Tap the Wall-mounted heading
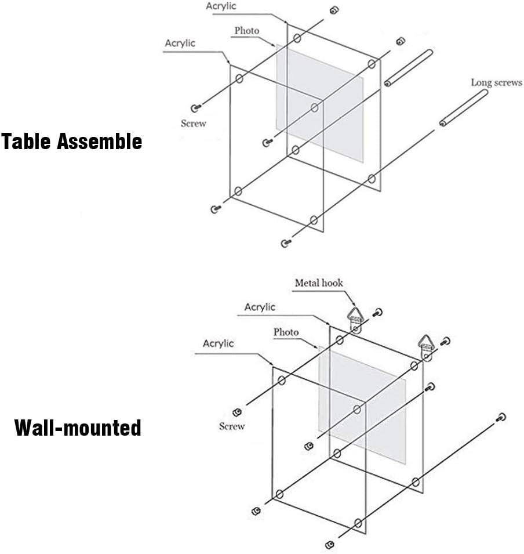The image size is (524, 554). click(78, 428)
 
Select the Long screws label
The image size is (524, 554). click(496, 82)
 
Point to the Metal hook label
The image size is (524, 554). click(319, 283)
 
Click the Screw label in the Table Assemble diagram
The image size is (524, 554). click(193, 123)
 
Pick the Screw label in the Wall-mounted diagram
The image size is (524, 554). click(231, 426)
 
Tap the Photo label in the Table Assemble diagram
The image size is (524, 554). click(246, 30)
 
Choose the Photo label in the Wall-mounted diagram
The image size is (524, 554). click(286, 332)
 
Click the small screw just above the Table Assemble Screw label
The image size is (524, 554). click(195, 107)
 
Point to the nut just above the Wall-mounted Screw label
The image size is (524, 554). click(236, 412)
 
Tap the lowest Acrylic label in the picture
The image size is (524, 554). click(218, 343)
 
